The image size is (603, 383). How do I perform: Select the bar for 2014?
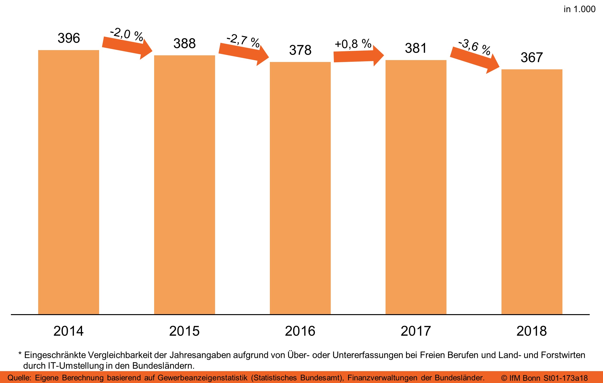click(x=68, y=182)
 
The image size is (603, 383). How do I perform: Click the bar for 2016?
click(x=300, y=188)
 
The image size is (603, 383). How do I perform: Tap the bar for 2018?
click(x=532, y=192)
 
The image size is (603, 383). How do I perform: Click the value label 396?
click(x=69, y=38)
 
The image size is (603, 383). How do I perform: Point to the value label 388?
click(x=184, y=43)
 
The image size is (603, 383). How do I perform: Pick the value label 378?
click(x=300, y=50)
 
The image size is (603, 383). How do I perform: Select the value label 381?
click(x=416, y=48)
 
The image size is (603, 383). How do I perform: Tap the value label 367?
click(x=532, y=57)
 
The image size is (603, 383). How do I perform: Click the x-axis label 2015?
click(x=184, y=331)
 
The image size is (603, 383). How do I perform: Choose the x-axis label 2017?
click(x=416, y=331)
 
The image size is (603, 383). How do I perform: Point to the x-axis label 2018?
click(x=532, y=331)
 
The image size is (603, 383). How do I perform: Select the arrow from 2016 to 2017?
click(x=358, y=56)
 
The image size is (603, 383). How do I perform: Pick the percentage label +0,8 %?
click(x=353, y=44)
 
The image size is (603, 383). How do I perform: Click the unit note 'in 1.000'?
click(x=579, y=9)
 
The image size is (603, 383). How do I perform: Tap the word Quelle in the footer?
click(x=19, y=378)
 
